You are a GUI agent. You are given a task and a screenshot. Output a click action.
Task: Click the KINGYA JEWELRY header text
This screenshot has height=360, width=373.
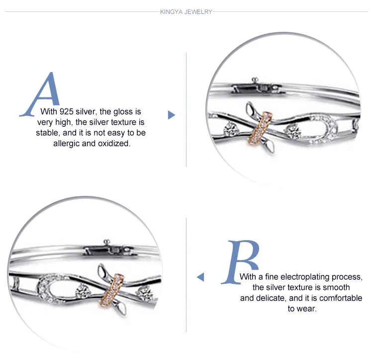coord(186,12)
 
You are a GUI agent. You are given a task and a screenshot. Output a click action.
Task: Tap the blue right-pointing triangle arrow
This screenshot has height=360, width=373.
coord(171,115)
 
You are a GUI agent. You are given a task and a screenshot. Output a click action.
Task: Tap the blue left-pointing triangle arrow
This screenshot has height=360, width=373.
coord(200,277)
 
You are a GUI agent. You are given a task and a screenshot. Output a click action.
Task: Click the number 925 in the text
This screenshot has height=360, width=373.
coord(66,111)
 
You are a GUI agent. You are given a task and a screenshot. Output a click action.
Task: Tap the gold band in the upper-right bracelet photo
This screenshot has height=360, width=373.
coord(260,128)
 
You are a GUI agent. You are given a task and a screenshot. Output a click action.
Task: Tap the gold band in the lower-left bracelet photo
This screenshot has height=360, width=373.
coord(112,289)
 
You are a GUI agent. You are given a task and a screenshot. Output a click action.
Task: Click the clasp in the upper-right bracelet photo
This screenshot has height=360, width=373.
coord(258,87)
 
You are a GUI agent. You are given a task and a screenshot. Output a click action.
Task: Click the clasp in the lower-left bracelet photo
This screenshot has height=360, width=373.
coord(109,249)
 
